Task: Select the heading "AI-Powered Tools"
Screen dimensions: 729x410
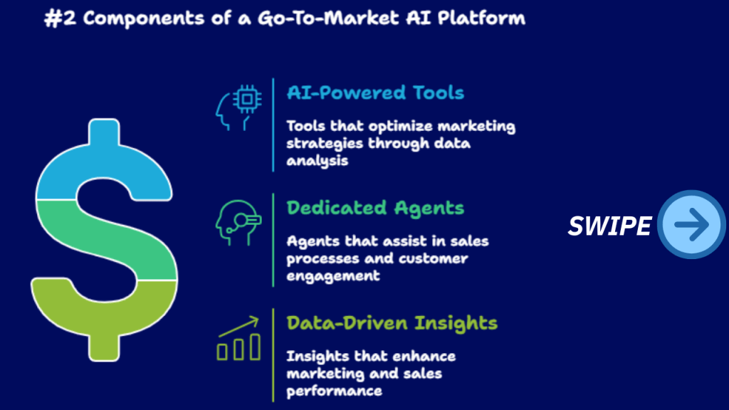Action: pos(375,93)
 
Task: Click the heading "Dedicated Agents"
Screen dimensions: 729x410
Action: pos(375,209)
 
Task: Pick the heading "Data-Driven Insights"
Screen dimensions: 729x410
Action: pos(392,323)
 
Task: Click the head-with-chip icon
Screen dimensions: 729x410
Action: pos(238,108)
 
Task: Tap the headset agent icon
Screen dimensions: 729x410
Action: pos(238,223)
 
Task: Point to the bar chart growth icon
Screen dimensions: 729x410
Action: pos(238,338)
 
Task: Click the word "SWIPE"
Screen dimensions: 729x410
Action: pos(609,226)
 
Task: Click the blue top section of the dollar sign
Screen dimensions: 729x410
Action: pos(104,163)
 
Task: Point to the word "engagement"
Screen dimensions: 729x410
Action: pos(333,276)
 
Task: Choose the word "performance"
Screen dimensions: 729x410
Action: pos(335,391)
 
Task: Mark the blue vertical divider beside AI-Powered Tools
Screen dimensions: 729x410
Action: pos(273,125)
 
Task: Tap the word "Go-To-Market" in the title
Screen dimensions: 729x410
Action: pos(328,18)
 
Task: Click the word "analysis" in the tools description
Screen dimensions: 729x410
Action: pos(317,161)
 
